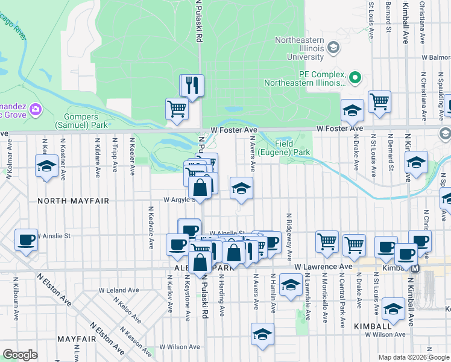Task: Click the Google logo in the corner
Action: (20, 355)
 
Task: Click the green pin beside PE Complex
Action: (355, 77)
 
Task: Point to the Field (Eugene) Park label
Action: (286, 148)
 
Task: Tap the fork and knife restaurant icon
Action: (192, 86)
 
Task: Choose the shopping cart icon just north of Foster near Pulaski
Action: (177, 110)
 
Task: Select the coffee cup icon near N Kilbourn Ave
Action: (27, 240)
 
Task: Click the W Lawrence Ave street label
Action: (323, 266)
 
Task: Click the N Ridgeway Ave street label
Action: (289, 228)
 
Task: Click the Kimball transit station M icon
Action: (415, 267)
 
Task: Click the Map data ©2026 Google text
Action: (413, 357)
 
